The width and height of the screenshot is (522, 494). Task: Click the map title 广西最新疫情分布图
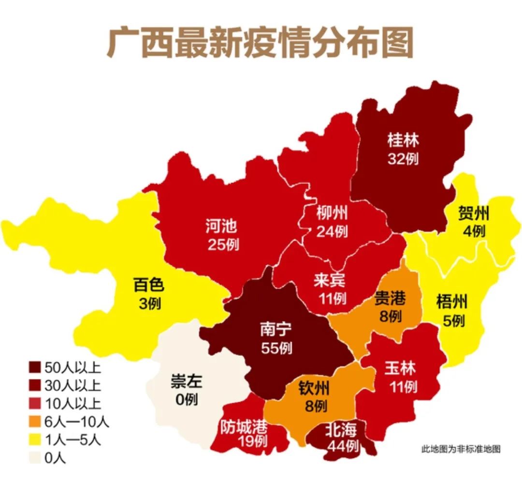260,43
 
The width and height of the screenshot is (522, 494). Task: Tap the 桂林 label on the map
403,141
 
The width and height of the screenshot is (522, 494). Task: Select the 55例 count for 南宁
276,348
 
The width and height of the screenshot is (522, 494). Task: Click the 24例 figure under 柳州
332,231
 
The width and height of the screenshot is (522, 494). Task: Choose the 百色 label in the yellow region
148,285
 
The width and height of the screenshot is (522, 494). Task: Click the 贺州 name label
474,213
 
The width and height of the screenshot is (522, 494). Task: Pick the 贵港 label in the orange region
390,298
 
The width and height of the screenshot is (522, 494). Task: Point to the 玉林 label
400,368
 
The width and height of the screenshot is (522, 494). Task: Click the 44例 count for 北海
343,446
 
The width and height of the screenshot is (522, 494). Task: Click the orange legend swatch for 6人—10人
34,422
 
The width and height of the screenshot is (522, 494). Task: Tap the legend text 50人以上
72,368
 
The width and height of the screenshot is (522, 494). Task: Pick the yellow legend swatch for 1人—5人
34,440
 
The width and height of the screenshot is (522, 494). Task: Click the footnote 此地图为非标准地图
461,449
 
